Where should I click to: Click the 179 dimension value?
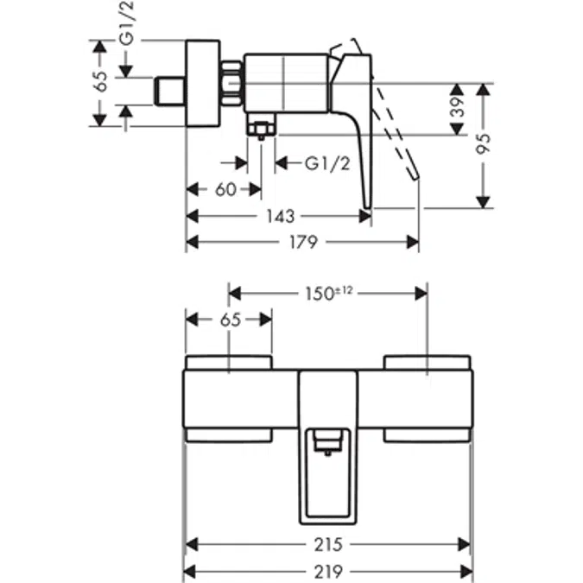(303, 243)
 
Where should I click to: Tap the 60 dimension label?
(225, 189)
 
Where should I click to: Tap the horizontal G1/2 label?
(326, 162)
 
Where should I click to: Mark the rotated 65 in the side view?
(102, 82)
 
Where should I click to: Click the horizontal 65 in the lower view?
(229, 320)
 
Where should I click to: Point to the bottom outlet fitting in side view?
(260, 128)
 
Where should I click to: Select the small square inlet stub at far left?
(169, 90)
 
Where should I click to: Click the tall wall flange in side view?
(205, 84)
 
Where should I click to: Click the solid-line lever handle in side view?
(356, 130)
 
